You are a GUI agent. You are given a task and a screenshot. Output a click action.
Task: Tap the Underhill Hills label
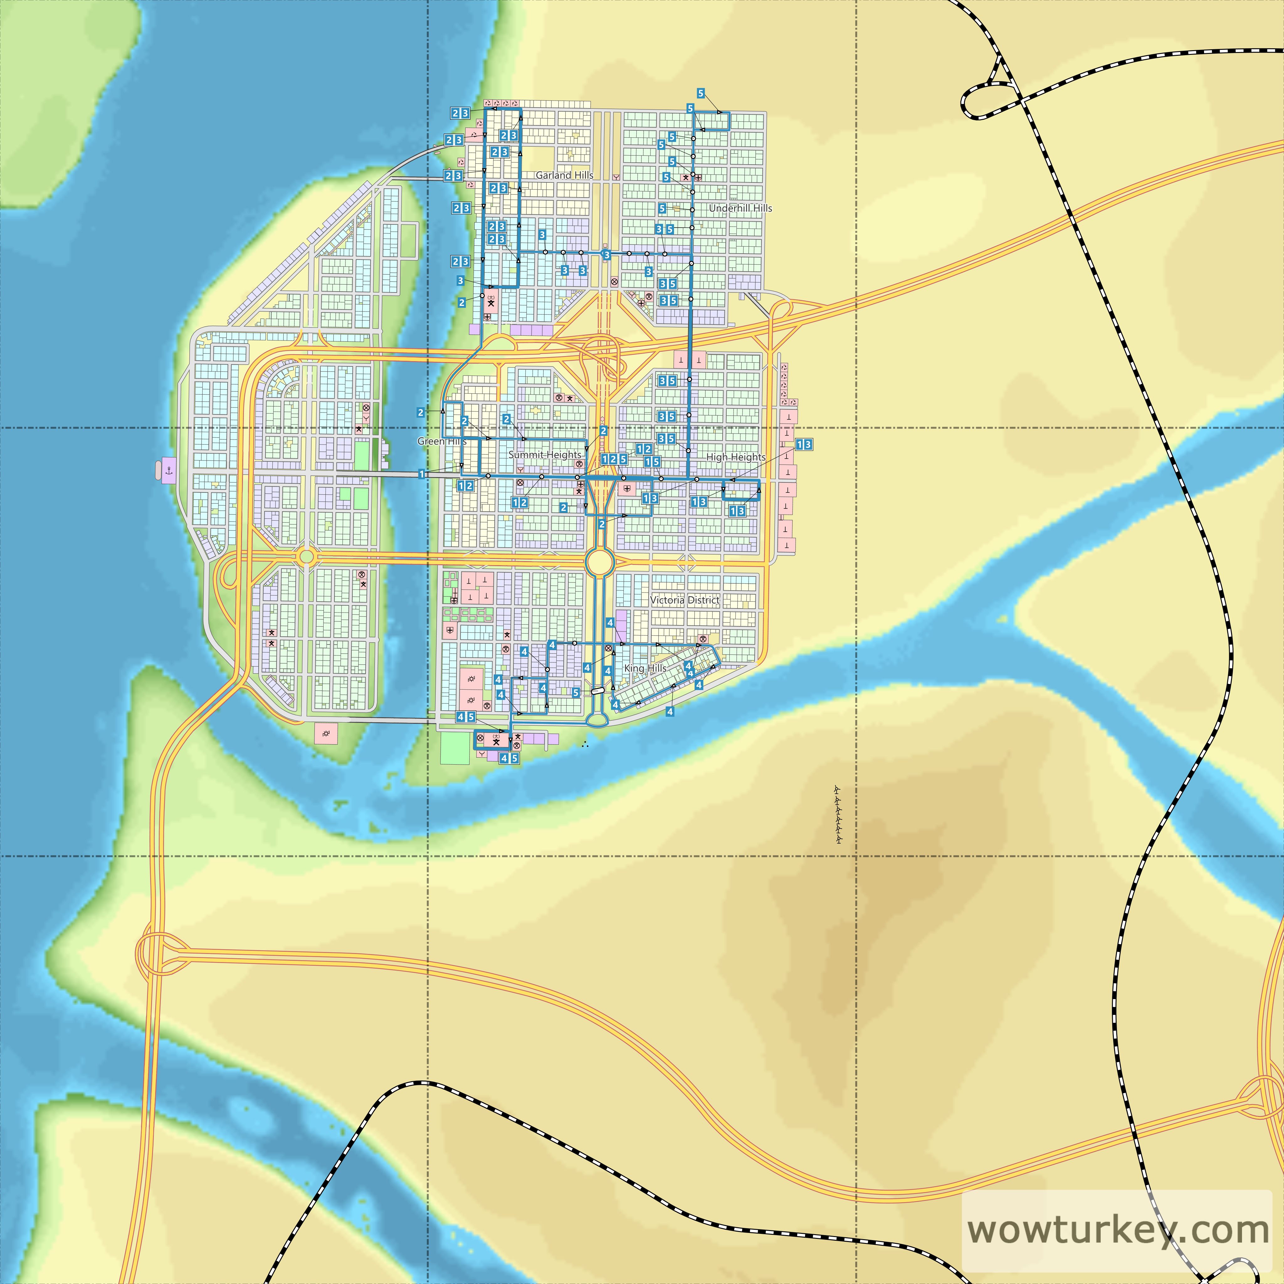(740, 208)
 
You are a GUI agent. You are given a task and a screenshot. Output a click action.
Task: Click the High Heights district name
(736, 457)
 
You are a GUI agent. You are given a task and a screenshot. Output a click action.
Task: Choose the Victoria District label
(685, 600)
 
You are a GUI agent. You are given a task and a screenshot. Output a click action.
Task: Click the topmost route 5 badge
(701, 93)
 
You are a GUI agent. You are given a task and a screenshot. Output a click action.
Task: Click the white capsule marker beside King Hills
(597, 691)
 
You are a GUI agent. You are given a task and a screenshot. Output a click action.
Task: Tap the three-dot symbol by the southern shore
(585, 744)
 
